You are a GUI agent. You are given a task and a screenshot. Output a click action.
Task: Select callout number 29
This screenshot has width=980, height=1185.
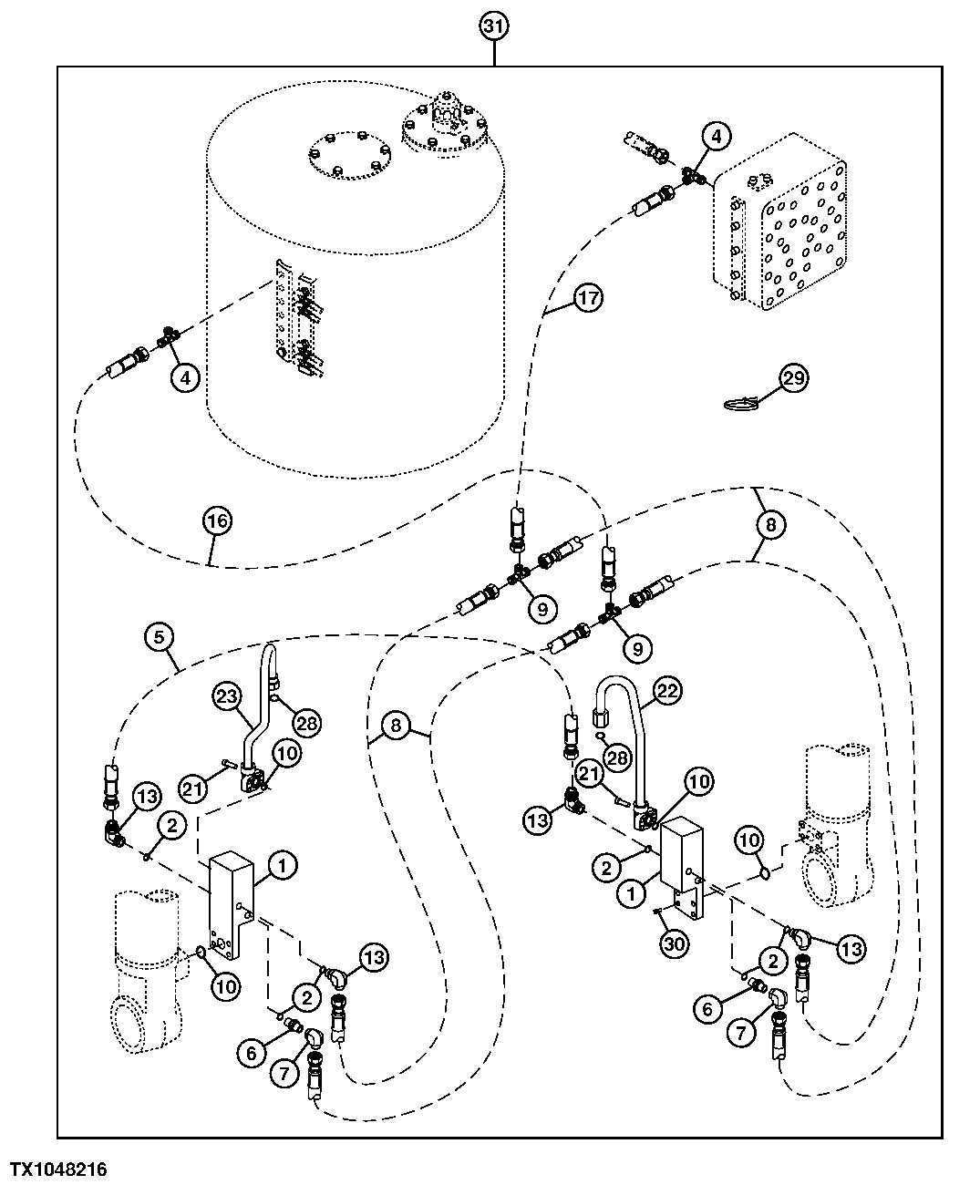coord(793,377)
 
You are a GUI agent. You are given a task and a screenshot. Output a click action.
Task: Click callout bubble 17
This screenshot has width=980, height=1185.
coord(588,298)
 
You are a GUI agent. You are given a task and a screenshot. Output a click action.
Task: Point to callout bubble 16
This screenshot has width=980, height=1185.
coord(218,522)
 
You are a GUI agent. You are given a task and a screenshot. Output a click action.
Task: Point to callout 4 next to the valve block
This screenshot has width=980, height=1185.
coord(716,137)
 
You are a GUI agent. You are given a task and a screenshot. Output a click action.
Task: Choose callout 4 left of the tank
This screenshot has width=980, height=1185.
coord(185,376)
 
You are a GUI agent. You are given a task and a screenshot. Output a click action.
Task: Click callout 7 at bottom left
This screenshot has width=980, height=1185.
coord(284,1074)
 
